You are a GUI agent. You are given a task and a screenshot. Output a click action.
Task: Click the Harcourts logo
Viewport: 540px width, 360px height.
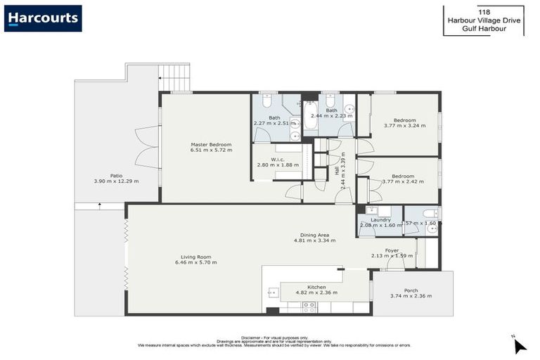click(43, 18)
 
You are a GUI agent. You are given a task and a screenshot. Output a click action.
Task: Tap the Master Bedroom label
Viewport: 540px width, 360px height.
click(211, 145)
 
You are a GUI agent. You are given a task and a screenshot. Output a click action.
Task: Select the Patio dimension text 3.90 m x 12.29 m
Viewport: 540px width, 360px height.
click(116, 181)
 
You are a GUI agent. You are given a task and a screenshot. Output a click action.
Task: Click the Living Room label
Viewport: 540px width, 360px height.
click(195, 257)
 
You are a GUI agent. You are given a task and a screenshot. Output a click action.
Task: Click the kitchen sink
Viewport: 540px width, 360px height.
click(271, 292)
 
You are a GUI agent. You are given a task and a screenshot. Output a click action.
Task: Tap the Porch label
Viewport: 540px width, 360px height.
click(411, 290)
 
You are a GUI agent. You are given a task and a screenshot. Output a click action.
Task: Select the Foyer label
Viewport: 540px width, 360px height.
click(392, 250)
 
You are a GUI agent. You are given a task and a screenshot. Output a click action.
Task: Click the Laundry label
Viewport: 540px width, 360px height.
click(380, 219)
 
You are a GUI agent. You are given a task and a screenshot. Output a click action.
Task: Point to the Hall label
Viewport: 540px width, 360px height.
click(337, 170)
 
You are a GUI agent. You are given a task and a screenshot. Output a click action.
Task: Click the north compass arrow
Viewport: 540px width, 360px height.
click(520, 345)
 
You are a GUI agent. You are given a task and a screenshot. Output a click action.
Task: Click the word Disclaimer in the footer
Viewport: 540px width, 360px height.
click(252, 337)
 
